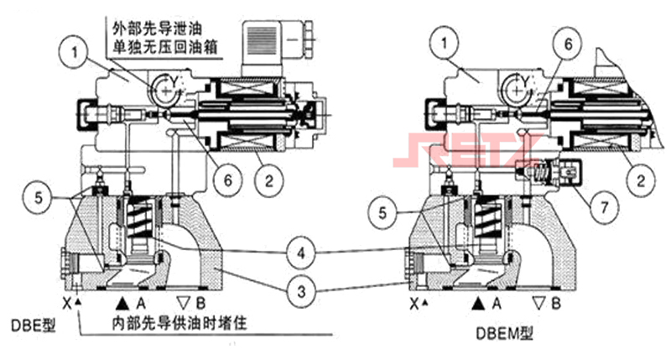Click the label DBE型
click(x=33, y=325)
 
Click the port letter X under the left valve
click(x=65, y=300)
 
